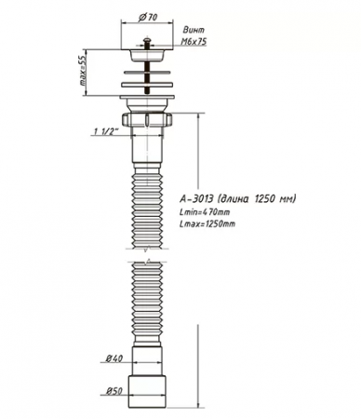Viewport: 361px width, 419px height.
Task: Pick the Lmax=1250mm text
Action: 208,224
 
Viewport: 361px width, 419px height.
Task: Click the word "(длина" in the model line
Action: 238,198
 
